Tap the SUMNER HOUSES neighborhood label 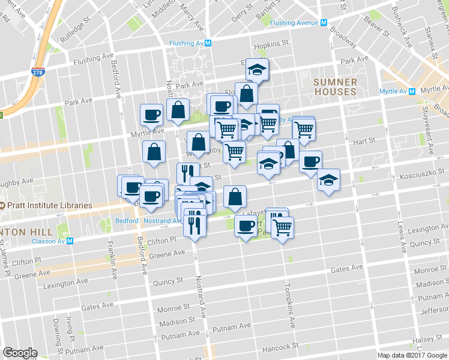point(334,87)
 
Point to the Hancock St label point(280,347)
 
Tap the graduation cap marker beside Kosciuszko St point(328,179)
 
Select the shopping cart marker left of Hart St point(304,128)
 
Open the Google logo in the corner point(20,353)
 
